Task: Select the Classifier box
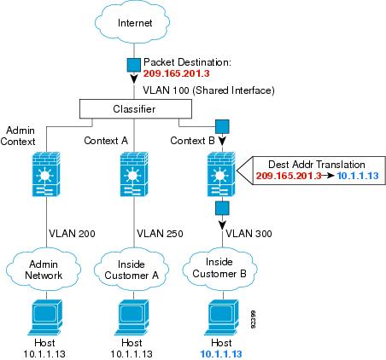point(136,109)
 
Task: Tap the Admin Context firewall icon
point(46,174)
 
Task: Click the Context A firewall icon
point(134,174)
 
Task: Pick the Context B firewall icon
point(221,174)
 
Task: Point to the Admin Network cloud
point(44,270)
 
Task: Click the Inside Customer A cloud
point(132,270)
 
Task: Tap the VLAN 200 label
point(72,234)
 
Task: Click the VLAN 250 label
point(160,234)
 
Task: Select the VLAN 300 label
point(249,234)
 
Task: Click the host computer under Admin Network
point(45,317)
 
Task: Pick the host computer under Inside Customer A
point(133,317)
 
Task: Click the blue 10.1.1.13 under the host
point(221,354)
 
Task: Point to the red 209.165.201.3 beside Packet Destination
point(177,73)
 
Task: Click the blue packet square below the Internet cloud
point(133,65)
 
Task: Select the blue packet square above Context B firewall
point(222,126)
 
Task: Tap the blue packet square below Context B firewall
point(222,208)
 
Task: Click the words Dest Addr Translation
point(317,165)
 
